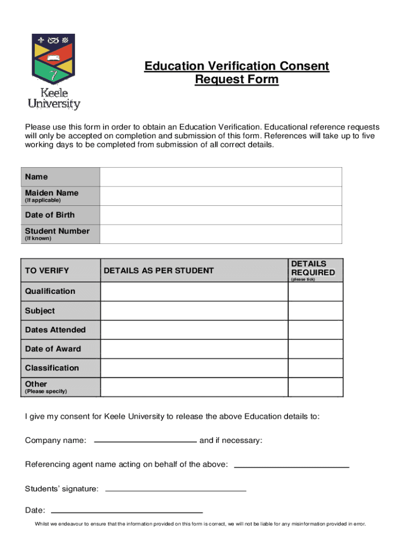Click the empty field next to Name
coord(220,177)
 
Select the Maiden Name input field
coord(220,196)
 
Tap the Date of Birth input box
coord(220,215)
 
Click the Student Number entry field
coord(220,234)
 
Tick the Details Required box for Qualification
coord(315,292)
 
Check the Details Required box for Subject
coord(315,311)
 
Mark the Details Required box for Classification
coord(315,368)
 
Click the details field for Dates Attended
coord(194,330)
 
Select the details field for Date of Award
coord(194,349)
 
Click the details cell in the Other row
coord(194,387)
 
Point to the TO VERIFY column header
coord(47,271)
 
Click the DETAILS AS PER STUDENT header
coord(158,271)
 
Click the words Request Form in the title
coord(237,80)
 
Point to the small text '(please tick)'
coord(303,280)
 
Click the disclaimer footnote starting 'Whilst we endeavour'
coord(200,524)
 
